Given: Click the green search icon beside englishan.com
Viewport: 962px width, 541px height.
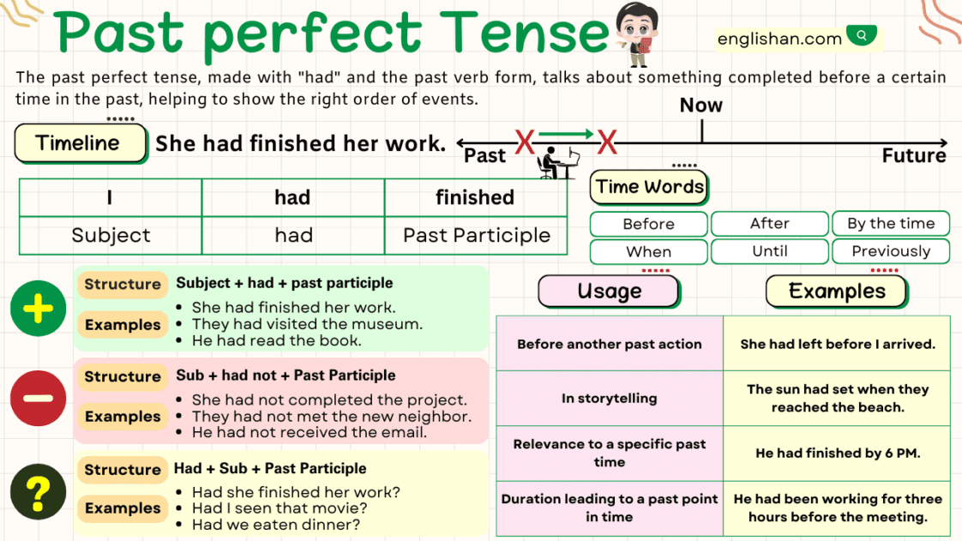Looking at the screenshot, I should pyautogui.click(x=861, y=36).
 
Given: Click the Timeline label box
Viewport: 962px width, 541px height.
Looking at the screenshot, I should pyautogui.click(x=80, y=143).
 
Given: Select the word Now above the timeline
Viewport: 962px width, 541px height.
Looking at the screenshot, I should pyautogui.click(x=700, y=105).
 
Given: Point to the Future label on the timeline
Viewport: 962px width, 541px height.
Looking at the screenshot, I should pyautogui.click(x=914, y=156).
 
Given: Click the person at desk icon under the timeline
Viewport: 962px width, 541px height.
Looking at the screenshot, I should pyautogui.click(x=558, y=162).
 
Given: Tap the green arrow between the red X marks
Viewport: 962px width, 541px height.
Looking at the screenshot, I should pyautogui.click(x=566, y=134).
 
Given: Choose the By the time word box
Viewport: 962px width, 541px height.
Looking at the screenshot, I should pyautogui.click(x=891, y=224).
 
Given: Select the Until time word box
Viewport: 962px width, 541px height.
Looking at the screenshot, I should pyautogui.click(x=769, y=251).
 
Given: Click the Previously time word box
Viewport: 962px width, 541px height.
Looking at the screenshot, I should pyautogui.click(x=891, y=251).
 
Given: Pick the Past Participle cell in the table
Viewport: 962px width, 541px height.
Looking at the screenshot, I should pyautogui.click(x=477, y=236).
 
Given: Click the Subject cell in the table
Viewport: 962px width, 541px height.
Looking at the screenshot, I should pyautogui.click(x=111, y=236).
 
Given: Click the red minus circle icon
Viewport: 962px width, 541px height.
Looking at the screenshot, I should pyautogui.click(x=38, y=399).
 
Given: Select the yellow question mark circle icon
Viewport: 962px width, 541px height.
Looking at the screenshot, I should pyautogui.click(x=38, y=493).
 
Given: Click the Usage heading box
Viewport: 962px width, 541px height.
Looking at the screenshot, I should pyautogui.click(x=609, y=292).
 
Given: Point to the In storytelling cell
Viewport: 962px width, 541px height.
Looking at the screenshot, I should pyautogui.click(x=609, y=398).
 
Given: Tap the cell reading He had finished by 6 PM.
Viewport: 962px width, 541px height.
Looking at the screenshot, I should pyautogui.click(x=837, y=453).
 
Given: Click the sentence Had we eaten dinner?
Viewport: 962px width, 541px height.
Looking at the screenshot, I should pyautogui.click(x=276, y=525).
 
